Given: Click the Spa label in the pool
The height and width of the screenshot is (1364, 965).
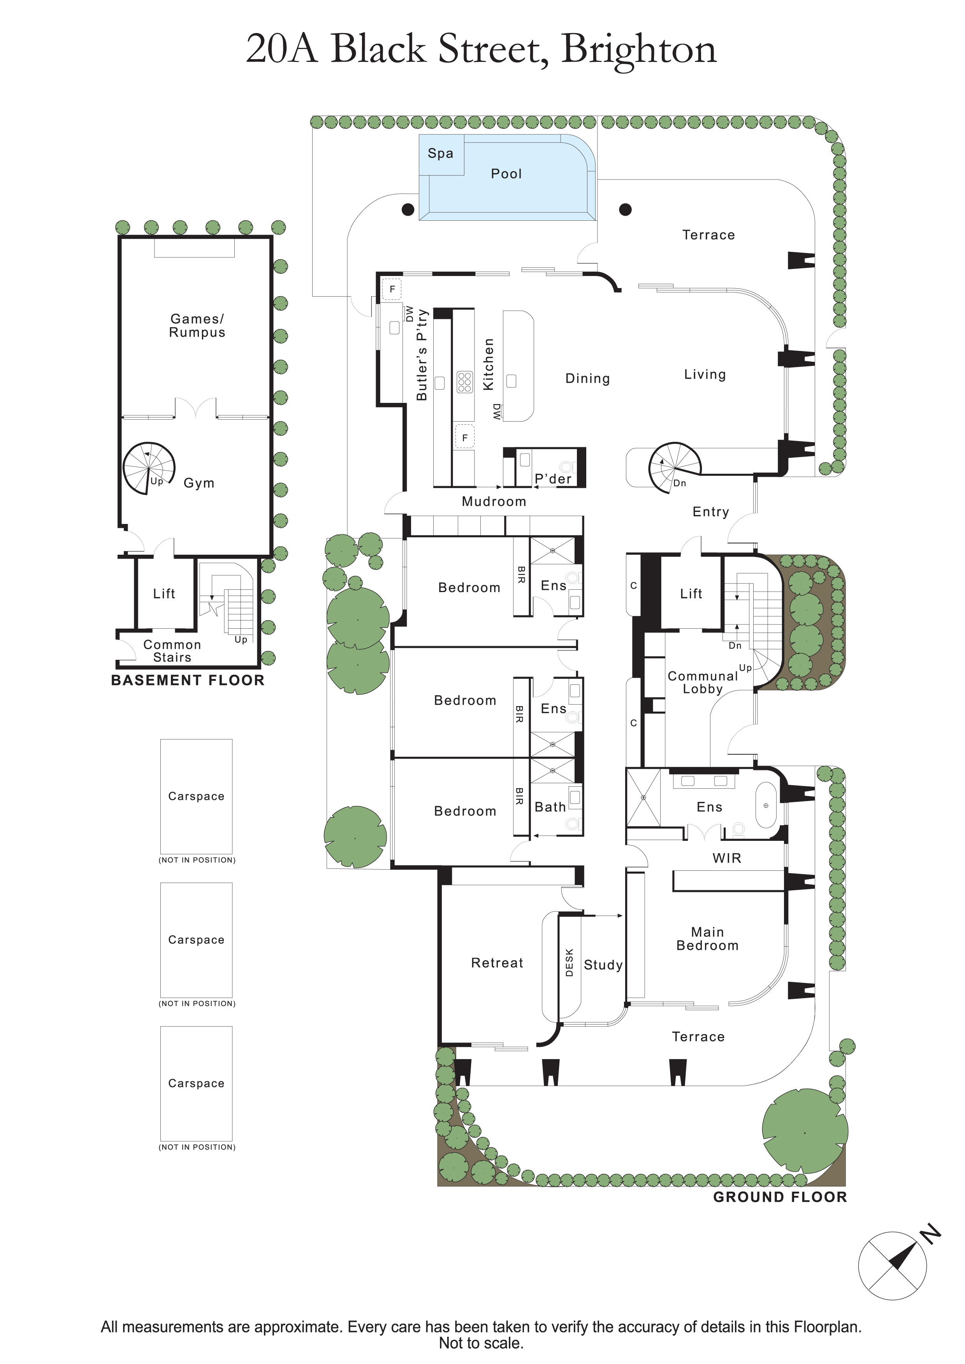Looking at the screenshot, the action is click(440, 153).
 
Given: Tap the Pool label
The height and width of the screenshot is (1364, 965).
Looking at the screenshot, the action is click(506, 174).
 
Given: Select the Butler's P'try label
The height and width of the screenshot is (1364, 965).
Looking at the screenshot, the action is click(422, 355).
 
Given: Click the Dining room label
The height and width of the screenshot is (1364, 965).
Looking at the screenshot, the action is click(588, 378).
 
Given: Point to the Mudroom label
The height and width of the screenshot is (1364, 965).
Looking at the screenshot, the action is click(494, 501).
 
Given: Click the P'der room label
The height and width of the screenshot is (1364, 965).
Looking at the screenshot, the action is click(553, 479).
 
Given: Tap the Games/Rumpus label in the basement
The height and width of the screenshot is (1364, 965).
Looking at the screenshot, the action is click(197, 325).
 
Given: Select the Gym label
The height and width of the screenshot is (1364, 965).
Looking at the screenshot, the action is click(199, 483).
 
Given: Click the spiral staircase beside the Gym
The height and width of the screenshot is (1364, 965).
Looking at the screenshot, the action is click(149, 468).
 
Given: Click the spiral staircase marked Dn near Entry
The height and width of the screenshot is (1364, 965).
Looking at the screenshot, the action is click(675, 468).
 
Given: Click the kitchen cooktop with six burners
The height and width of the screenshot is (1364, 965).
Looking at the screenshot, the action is click(464, 381).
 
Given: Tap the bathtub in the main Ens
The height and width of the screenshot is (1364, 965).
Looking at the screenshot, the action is click(766, 805).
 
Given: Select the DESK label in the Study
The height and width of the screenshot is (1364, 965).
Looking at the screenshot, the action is click(569, 962).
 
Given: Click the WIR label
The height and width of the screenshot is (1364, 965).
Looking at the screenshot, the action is click(727, 858).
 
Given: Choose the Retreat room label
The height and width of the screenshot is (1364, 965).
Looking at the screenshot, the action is click(497, 963).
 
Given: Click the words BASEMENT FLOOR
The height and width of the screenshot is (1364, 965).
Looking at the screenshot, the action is click(188, 680).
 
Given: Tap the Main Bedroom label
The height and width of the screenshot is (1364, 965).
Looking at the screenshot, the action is click(708, 939).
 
